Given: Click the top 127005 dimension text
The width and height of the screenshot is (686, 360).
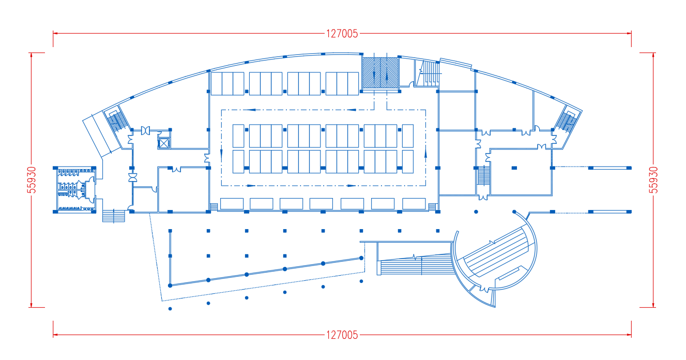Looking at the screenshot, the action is [342, 34].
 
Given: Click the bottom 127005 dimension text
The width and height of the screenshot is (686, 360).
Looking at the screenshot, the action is [342, 335].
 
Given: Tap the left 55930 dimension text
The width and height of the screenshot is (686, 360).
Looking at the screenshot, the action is [32, 180].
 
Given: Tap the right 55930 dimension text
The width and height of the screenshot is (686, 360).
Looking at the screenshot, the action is [653, 180].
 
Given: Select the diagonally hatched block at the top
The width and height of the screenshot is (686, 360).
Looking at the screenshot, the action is [380, 73].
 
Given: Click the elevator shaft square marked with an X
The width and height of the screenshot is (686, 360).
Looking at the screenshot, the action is [164, 143].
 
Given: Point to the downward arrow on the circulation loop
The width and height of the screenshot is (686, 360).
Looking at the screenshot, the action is [221, 154].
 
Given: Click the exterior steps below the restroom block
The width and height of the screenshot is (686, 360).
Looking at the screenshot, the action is [114, 216].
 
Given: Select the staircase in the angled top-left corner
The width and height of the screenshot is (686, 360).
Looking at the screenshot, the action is [117, 119].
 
